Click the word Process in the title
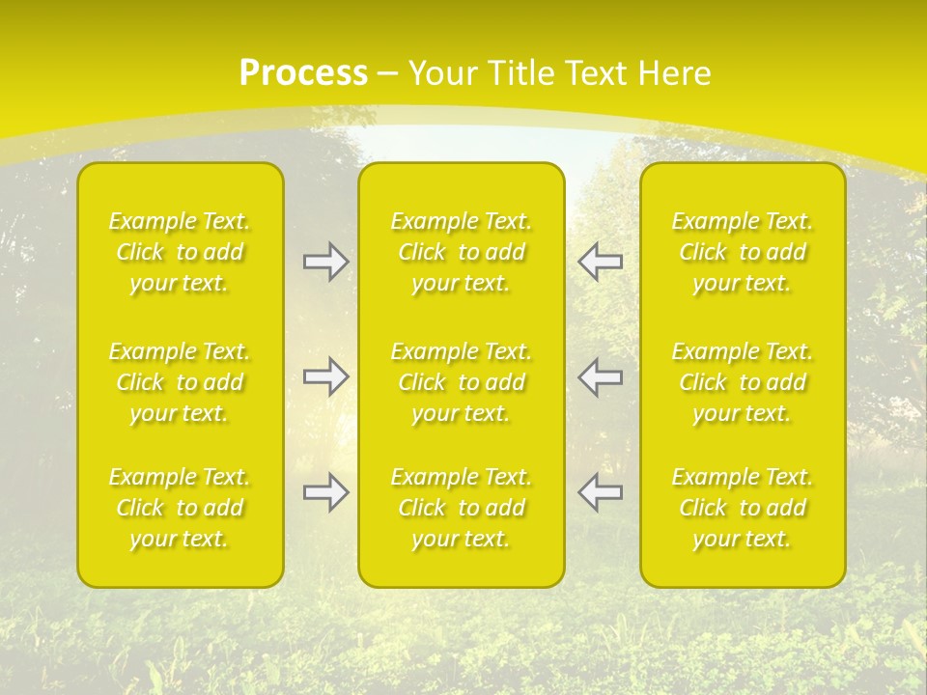(303, 73)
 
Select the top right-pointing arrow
(326, 262)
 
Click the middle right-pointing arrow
(326, 376)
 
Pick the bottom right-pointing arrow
(326, 492)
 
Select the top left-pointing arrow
(600, 262)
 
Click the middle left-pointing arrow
(600, 376)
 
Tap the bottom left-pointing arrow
(600, 492)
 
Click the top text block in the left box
(180, 252)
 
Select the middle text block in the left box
(180, 382)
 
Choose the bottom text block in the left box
(180, 508)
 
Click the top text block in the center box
(462, 252)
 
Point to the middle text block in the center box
(462, 382)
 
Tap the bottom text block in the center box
(462, 508)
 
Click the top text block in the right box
(743, 252)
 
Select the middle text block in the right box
(743, 382)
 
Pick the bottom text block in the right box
(743, 508)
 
